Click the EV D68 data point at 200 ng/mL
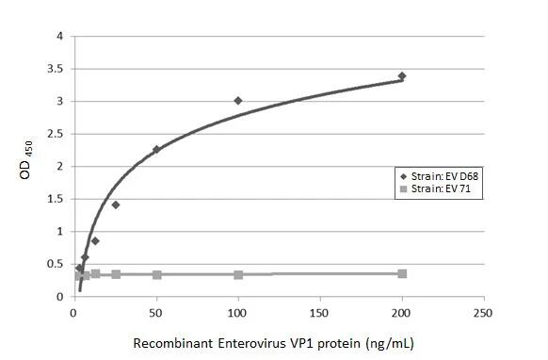402,75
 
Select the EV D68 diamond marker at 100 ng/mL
238,100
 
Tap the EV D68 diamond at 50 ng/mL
156,149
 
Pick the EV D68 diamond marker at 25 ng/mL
116,205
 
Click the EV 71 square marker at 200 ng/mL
402,273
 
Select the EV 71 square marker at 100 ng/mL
238,274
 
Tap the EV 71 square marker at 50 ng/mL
156,274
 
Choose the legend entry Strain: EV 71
436,188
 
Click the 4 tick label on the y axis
60,37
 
